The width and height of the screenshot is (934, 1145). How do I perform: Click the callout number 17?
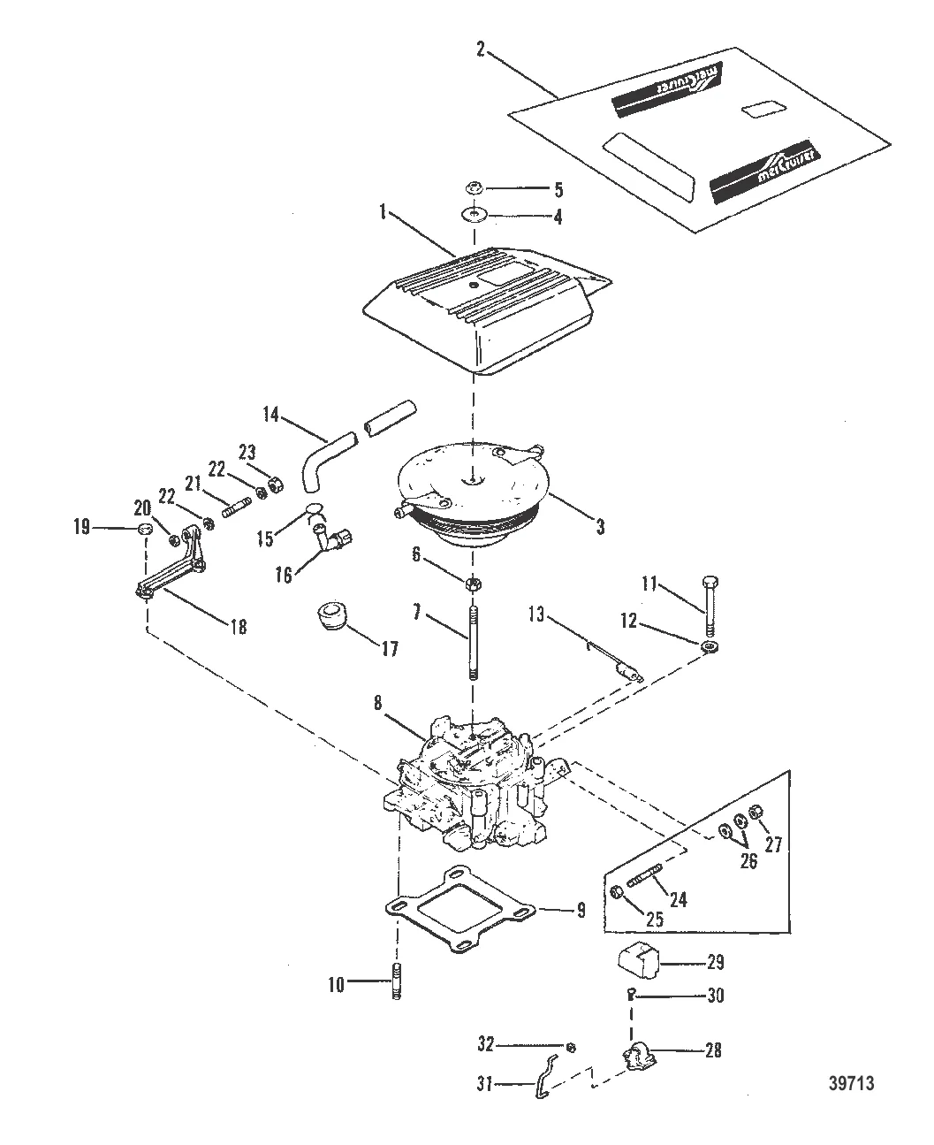(390, 648)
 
